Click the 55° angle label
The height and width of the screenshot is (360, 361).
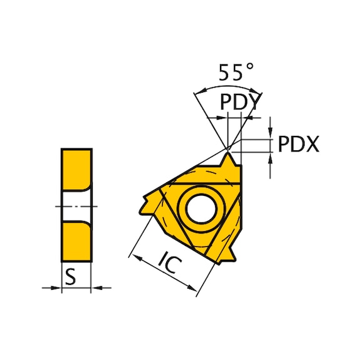(x=231, y=73)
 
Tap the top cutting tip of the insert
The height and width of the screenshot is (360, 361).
(x=229, y=156)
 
